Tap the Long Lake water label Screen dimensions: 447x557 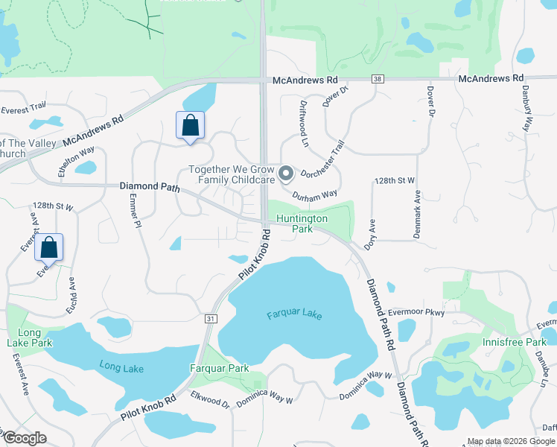pyautogui.click(x=121, y=365)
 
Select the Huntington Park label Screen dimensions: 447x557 pyautogui.click(x=302, y=223)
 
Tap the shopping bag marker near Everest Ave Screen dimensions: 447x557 pyautogui.click(x=48, y=247)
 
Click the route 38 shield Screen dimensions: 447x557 pyautogui.click(x=378, y=78)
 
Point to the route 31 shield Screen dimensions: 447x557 pyautogui.click(x=211, y=318)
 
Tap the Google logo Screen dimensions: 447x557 pyautogui.click(x=25, y=438)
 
